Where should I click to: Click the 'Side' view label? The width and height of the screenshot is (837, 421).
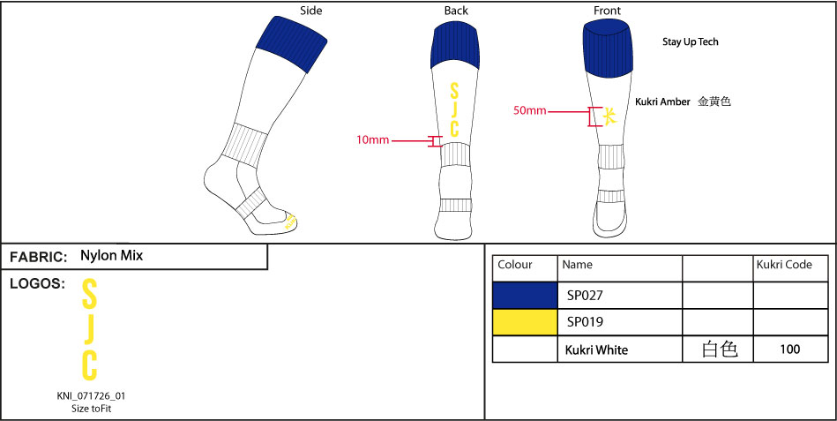point(310,11)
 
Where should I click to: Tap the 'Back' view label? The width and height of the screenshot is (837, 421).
point(456,11)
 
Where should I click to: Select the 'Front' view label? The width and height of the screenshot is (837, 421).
point(607,11)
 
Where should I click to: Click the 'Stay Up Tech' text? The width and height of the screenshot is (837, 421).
point(691,42)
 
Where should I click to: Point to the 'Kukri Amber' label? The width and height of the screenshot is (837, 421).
point(663,102)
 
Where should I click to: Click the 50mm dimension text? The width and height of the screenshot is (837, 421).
point(530,111)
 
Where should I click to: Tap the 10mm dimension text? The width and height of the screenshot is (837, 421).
point(372,140)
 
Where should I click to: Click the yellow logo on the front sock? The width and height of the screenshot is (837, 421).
point(608,115)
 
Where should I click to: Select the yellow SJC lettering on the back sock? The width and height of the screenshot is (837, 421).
point(454,110)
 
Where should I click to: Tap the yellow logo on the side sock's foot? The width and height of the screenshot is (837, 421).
point(289,222)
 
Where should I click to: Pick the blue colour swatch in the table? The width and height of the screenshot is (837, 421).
point(525,296)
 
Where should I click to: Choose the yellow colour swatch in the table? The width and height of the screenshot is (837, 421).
point(525,322)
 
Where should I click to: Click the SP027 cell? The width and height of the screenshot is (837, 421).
point(585,296)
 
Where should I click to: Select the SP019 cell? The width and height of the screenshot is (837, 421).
point(585,322)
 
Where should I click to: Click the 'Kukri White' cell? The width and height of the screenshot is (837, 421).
point(596,350)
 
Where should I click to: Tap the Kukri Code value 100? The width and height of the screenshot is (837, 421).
point(790,350)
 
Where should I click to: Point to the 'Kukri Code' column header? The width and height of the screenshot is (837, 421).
point(784,265)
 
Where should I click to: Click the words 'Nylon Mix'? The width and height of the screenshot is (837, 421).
point(111,256)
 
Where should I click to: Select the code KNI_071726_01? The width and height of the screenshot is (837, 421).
point(85,396)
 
